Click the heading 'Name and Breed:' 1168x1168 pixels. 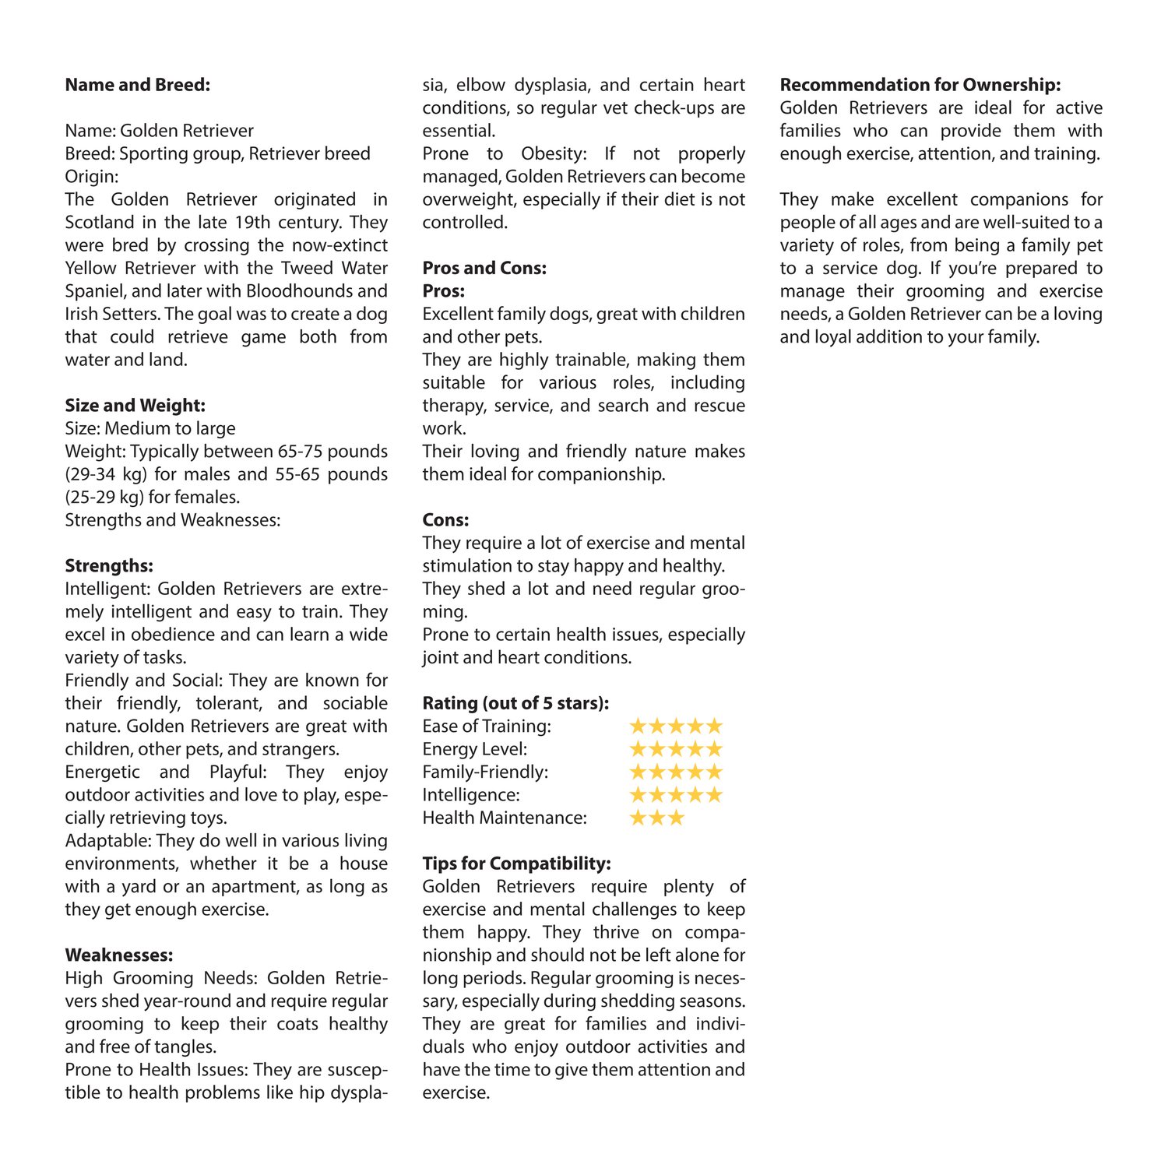[x=138, y=85]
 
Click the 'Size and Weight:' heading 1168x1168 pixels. [x=135, y=406]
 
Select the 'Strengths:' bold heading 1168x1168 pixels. [x=109, y=566]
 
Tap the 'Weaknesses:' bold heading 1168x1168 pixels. [x=119, y=955]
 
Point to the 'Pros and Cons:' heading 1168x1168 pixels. [x=484, y=269]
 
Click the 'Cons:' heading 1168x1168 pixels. [x=445, y=520]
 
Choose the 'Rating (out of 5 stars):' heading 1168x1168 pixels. [x=515, y=703]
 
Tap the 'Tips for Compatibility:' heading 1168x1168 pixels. [x=516, y=864]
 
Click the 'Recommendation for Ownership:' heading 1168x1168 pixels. [x=920, y=85]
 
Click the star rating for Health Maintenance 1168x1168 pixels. [x=656, y=818]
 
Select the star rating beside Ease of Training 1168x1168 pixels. [x=676, y=726]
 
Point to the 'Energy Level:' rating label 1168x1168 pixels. [x=474, y=749]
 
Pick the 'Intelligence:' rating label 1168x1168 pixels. [x=471, y=795]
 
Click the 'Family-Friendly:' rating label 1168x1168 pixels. [x=485, y=772]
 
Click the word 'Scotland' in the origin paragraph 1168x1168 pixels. [x=100, y=223]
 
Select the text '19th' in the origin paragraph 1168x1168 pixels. [x=252, y=223]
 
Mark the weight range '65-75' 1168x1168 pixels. [x=300, y=452]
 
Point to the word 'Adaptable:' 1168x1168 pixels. [x=107, y=841]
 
